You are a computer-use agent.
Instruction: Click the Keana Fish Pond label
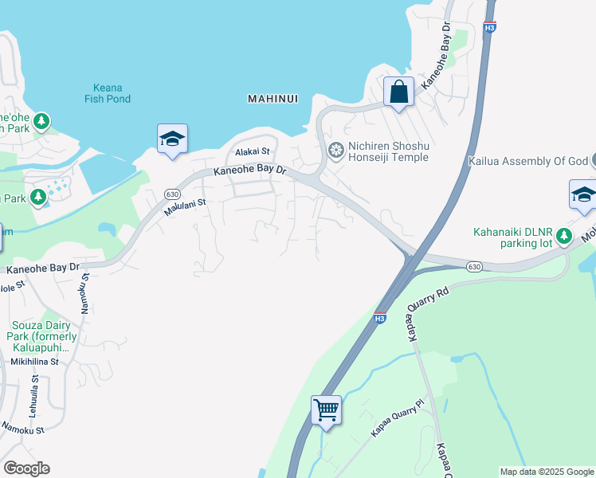point(107,92)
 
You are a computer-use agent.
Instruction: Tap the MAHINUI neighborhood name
point(273,99)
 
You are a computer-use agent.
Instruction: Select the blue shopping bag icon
point(398,92)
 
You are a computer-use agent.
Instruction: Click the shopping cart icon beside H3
point(326,410)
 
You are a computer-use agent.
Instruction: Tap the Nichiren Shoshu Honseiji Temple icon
point(336,149)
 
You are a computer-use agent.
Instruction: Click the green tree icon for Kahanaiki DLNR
point(564,236)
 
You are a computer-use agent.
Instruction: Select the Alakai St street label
point(253,151)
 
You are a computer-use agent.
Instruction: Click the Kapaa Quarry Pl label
point(394,422)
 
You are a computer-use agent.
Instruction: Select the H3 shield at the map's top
point(489,26)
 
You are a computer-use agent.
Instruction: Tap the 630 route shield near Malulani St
point(172,194)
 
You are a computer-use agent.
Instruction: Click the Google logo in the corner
point(26,468)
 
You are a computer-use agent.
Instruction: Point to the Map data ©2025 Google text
point(546,472)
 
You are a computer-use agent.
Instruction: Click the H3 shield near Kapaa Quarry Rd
point(380,317)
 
